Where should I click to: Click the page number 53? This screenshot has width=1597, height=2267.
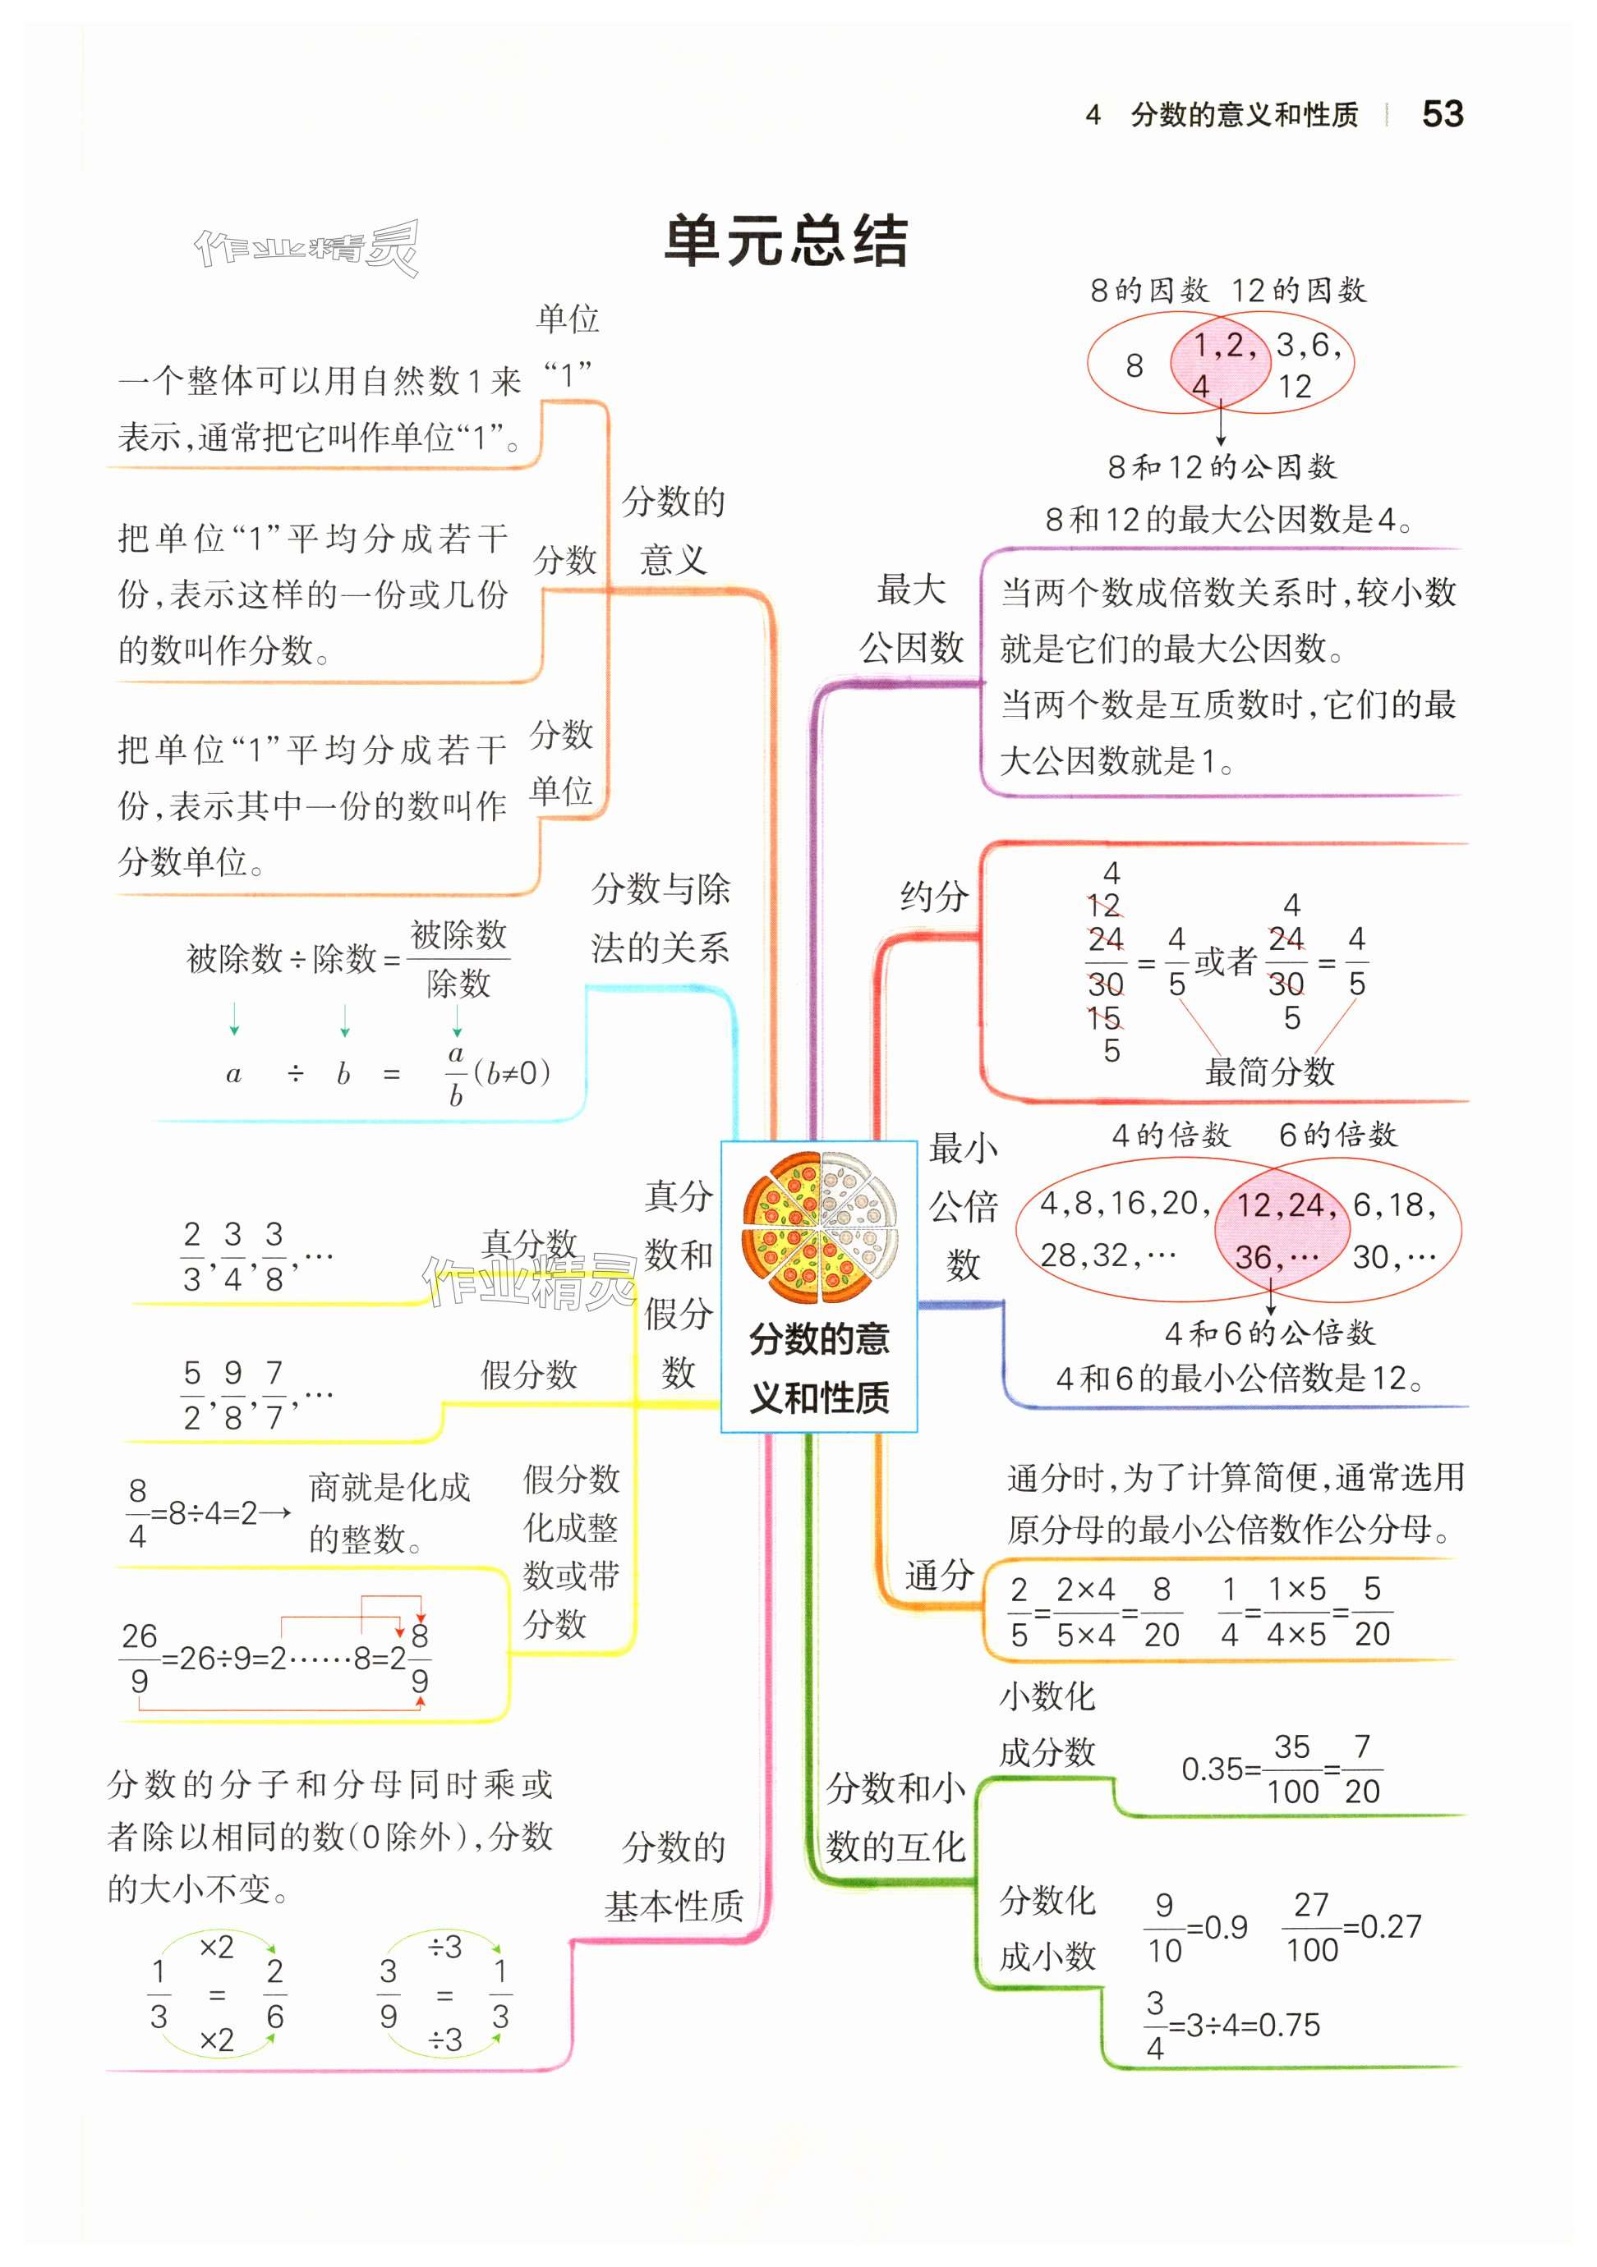coord(1441,114)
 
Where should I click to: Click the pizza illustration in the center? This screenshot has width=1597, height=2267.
coord(819,1228)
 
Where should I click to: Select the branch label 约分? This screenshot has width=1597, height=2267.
coord(933,897)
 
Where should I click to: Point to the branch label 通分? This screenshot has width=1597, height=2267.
coord(938,1575)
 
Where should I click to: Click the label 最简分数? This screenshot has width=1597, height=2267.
coord(1269,1072)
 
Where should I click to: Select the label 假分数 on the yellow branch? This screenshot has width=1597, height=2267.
coord(528,1374)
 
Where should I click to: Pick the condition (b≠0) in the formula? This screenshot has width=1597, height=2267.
coord(512,1072)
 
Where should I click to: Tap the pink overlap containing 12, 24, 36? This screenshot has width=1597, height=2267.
coord(1279,1230)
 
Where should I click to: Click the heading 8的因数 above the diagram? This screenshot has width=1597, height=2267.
coord(1148,291)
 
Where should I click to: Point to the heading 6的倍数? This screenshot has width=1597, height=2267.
coord(1337,1136)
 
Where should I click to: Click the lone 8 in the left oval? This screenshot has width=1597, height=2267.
coord(1134,366)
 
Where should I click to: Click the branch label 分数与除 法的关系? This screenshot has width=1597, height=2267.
coord(660,918)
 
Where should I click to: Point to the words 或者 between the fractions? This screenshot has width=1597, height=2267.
coord(1225,961)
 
